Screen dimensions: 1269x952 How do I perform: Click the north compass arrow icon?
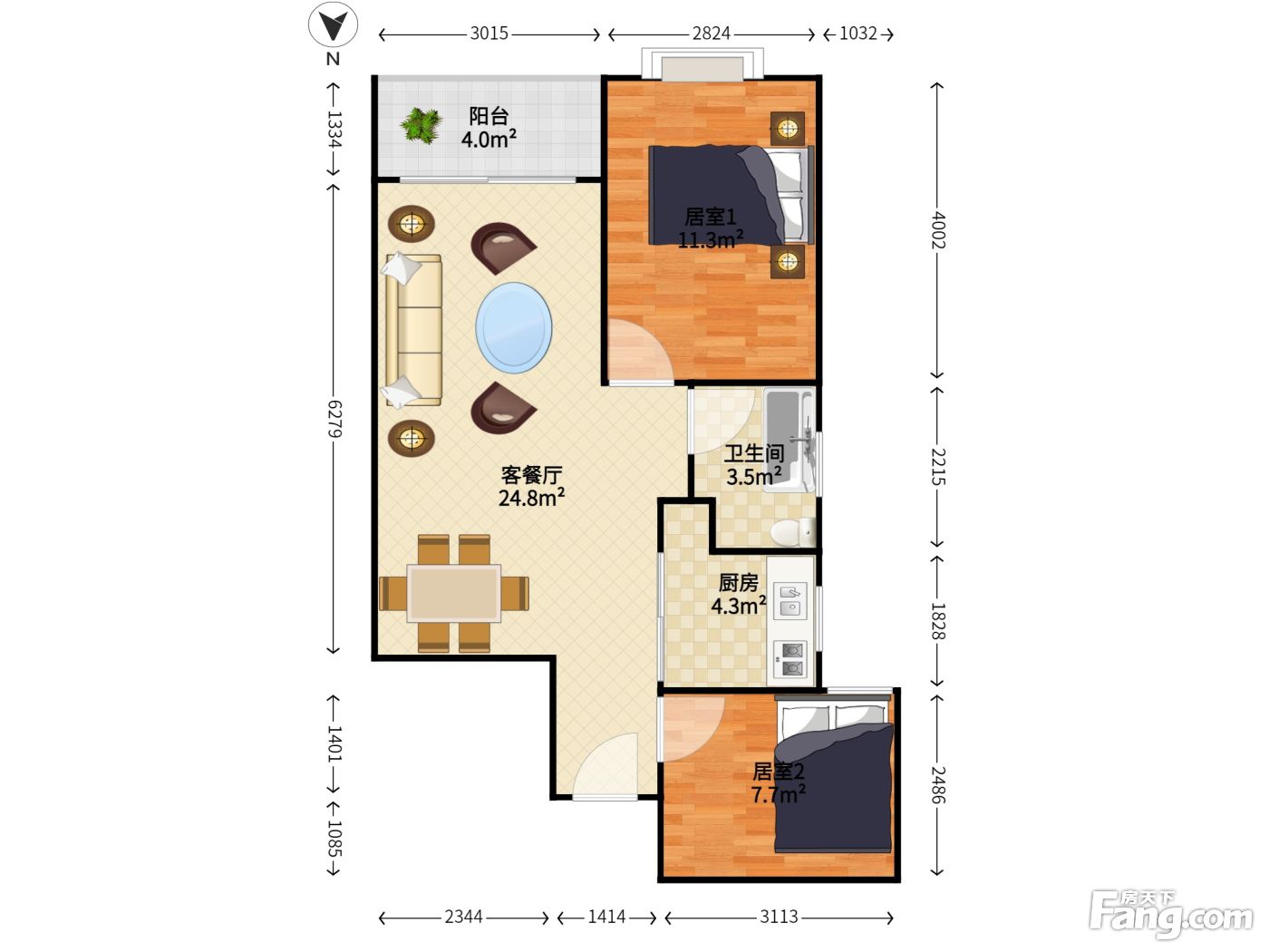[x=333, y=24]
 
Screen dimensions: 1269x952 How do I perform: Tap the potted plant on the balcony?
[x=421, y=125]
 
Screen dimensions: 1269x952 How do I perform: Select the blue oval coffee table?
[x=513, y=327]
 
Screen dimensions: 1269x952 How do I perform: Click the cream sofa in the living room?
[x=412, y=330]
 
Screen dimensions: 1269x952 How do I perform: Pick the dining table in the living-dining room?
[x=454, y=594]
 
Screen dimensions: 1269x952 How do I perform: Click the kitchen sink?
[x=789, y=600]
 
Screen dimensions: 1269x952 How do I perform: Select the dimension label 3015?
[x=489, y=34]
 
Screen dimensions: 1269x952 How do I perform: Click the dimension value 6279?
[x=334, y=419]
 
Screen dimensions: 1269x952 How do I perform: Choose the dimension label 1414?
[x=606, y=917]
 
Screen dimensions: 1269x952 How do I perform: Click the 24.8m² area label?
[x=531, y=498]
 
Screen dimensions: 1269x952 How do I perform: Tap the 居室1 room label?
[x=711, y=217]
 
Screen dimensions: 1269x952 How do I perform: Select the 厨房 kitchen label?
[x=738, y=583]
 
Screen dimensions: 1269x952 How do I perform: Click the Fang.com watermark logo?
[x=1171, y=913]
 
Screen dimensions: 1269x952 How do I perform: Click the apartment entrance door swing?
[x=605, y=765]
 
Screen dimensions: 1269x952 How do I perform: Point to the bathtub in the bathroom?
[x=789, y=441]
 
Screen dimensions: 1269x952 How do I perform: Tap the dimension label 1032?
[x=858, y=34]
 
